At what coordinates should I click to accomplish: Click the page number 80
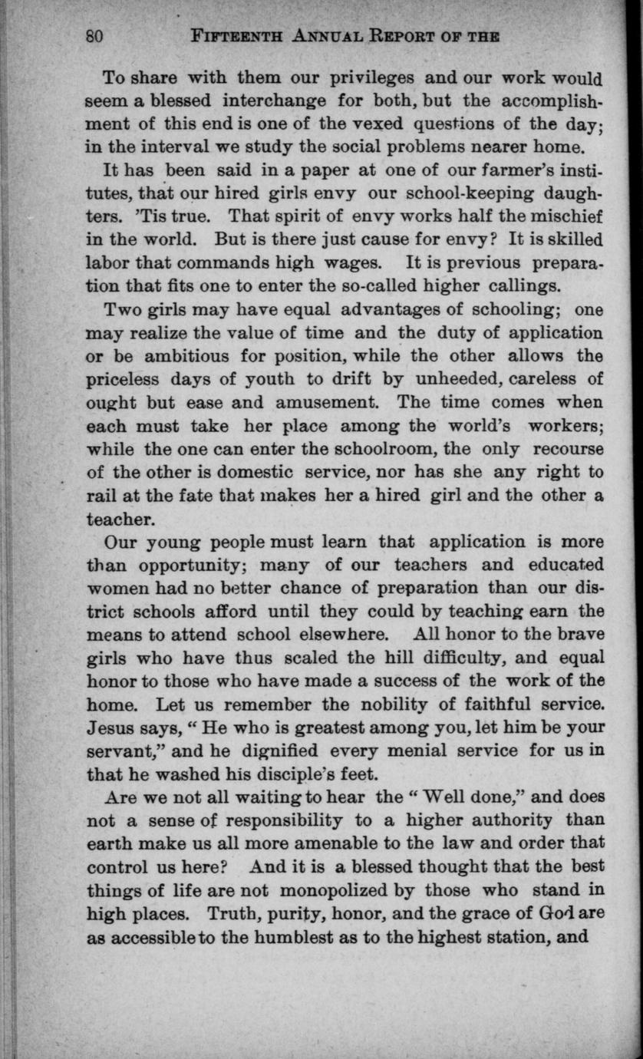click(x=94, y=36)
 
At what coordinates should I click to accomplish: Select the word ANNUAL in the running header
click(x=323, y=36)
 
